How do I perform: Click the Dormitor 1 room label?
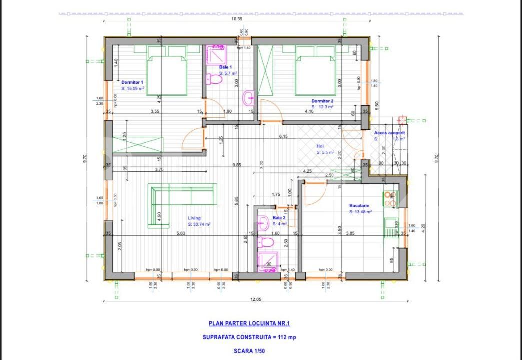point(132,82)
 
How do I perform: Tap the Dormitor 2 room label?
point(322,101)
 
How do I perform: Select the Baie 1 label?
point(225,67)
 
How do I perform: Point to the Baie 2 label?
point(279,218)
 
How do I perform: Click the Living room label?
point(194,218)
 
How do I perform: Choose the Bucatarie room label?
point(359,205)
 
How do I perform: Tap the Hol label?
point(320,146)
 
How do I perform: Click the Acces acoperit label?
point(389,133)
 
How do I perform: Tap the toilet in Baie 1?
point(214,79)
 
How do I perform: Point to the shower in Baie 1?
point(216,53)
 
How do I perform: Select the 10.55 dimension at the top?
point(237,19)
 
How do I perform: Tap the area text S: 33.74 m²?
point(199,225)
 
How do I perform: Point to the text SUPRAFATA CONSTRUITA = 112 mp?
point(249,337)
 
